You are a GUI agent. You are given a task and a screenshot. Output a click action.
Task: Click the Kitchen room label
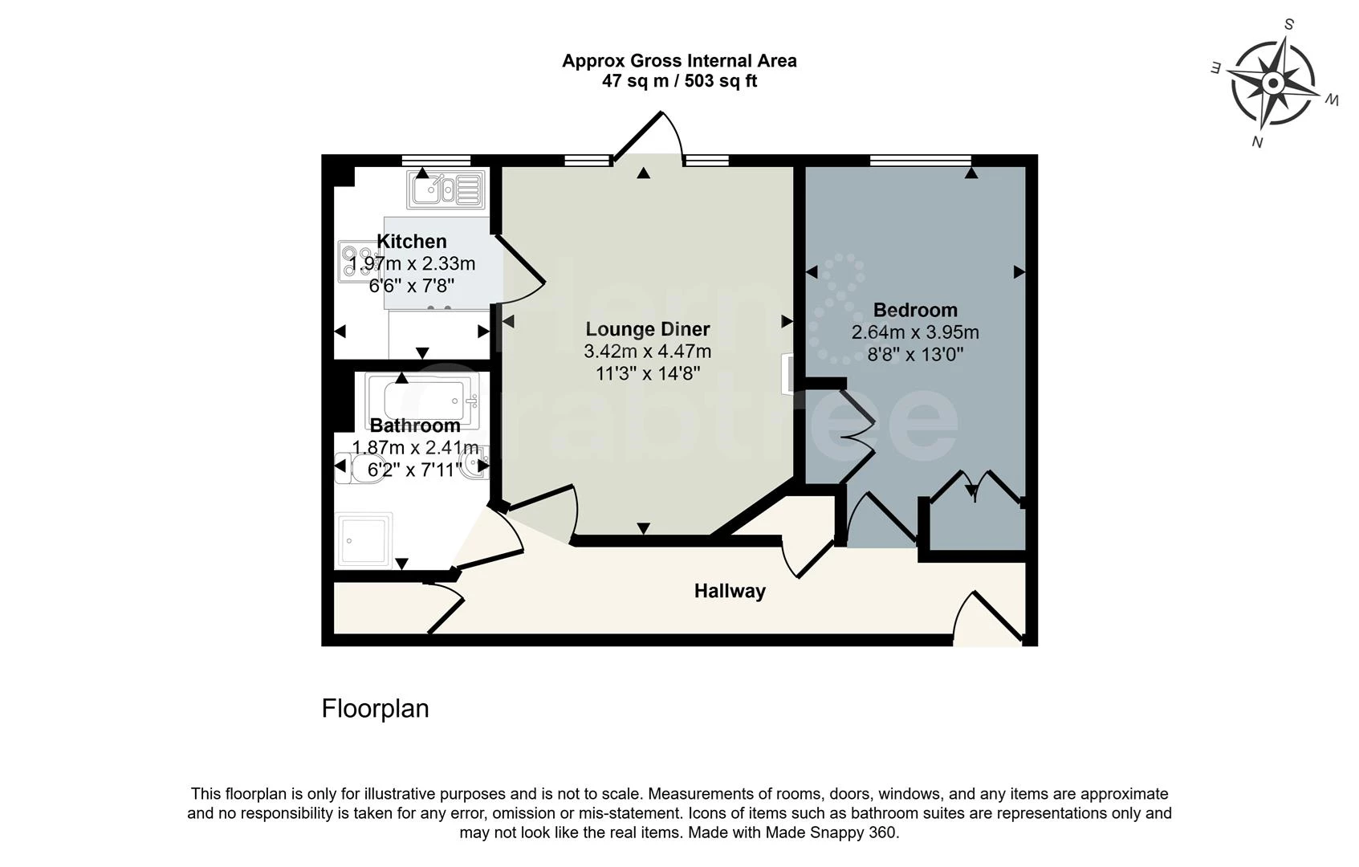(x=411, y=242)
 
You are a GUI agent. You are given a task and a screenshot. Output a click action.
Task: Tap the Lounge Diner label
(x=647, y=329)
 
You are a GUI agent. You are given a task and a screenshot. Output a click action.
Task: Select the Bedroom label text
(x=915, y=310)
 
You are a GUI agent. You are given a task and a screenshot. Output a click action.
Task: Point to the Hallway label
(x=730, y=591)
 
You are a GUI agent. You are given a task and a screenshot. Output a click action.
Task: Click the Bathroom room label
(x=415, y=425)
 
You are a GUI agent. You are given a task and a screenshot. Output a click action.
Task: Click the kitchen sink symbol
(x=447, y=189)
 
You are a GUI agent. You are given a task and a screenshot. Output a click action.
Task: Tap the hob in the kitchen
(x=354, y=262)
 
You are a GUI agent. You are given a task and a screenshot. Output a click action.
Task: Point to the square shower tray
(x=364, y=540)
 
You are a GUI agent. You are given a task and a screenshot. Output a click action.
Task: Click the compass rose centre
(x=1273, y=83)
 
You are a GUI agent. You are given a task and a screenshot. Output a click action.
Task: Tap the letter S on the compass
(x=1288, y=25)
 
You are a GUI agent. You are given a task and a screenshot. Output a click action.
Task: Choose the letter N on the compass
(x=1257, y=142)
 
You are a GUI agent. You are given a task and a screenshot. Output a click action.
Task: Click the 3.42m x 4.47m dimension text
(x=647, y=352)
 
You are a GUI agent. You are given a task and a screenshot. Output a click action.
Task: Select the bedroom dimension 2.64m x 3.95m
(x=915, y=332)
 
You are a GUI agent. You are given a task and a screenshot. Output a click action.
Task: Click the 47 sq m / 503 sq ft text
(x=679, y=81)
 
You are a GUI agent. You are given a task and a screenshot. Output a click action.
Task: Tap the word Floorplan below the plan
(x=375, y=709)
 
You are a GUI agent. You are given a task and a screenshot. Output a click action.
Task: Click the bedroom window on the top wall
(x=921, y=161)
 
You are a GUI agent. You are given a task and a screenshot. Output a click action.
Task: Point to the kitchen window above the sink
(x=436, y=161)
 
